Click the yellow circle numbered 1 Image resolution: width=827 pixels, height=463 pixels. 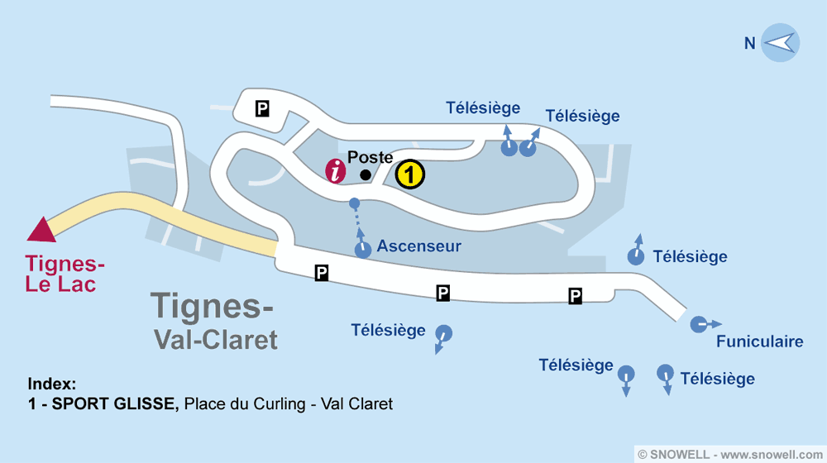(410, 174)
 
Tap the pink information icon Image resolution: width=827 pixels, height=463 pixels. (336, 171)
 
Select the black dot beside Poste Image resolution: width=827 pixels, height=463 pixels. (366, 174)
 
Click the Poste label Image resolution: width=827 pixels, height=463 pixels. (370, 157)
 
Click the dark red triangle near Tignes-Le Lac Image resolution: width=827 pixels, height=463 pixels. (41, 229)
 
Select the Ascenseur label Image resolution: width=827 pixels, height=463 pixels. (418, 246)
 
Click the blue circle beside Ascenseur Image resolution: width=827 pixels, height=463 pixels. (362, 250)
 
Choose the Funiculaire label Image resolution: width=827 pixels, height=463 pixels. (759, 341)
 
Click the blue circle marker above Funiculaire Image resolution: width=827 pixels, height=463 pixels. (699, 323)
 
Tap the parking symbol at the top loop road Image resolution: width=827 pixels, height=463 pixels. (262, 107)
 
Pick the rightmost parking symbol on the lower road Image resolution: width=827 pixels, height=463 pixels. (575, 295)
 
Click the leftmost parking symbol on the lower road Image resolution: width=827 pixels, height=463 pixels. (322, 272)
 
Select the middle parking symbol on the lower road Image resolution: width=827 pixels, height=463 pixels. (443, 292)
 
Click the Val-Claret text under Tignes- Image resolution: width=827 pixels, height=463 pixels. (216, 339)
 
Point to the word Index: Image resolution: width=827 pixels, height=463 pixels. (51, 384)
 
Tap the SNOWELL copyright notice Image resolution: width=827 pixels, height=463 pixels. (731, 454)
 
